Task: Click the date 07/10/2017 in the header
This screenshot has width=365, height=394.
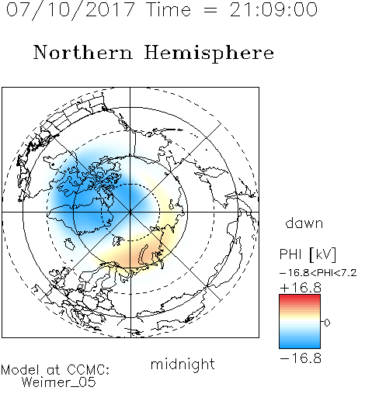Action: (x=71, y=10)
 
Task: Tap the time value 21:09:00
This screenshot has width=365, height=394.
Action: (x=273, y=10)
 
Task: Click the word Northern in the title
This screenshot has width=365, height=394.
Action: (x=83, y=52)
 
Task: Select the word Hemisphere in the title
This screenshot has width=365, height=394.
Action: (x=209, y=54)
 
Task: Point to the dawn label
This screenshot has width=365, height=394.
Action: (x=304, y=223)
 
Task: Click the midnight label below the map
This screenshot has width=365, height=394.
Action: (x=182, y=364)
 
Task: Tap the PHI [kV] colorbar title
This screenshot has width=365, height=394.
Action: (x=308, y=254)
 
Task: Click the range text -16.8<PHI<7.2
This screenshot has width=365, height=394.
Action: (x=318, y=273)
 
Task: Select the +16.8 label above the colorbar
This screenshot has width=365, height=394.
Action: (x=301, y=288)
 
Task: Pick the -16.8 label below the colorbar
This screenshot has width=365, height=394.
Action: (x=301, y=358)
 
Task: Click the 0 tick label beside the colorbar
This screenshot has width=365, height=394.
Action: (x=327, y=323)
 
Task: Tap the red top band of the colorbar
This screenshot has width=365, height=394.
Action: (x=300, y=298)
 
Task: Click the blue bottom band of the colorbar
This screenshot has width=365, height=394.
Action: (x=300, y=344)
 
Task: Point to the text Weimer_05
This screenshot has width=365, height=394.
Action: (x=59, y=382)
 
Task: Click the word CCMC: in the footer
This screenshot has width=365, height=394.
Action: (x=89, y=370)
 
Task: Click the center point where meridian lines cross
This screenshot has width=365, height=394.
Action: (x=130, y=212)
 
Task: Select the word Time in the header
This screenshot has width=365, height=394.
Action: (x=169, y=10)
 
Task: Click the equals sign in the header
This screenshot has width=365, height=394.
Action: (x=210, y=11)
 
